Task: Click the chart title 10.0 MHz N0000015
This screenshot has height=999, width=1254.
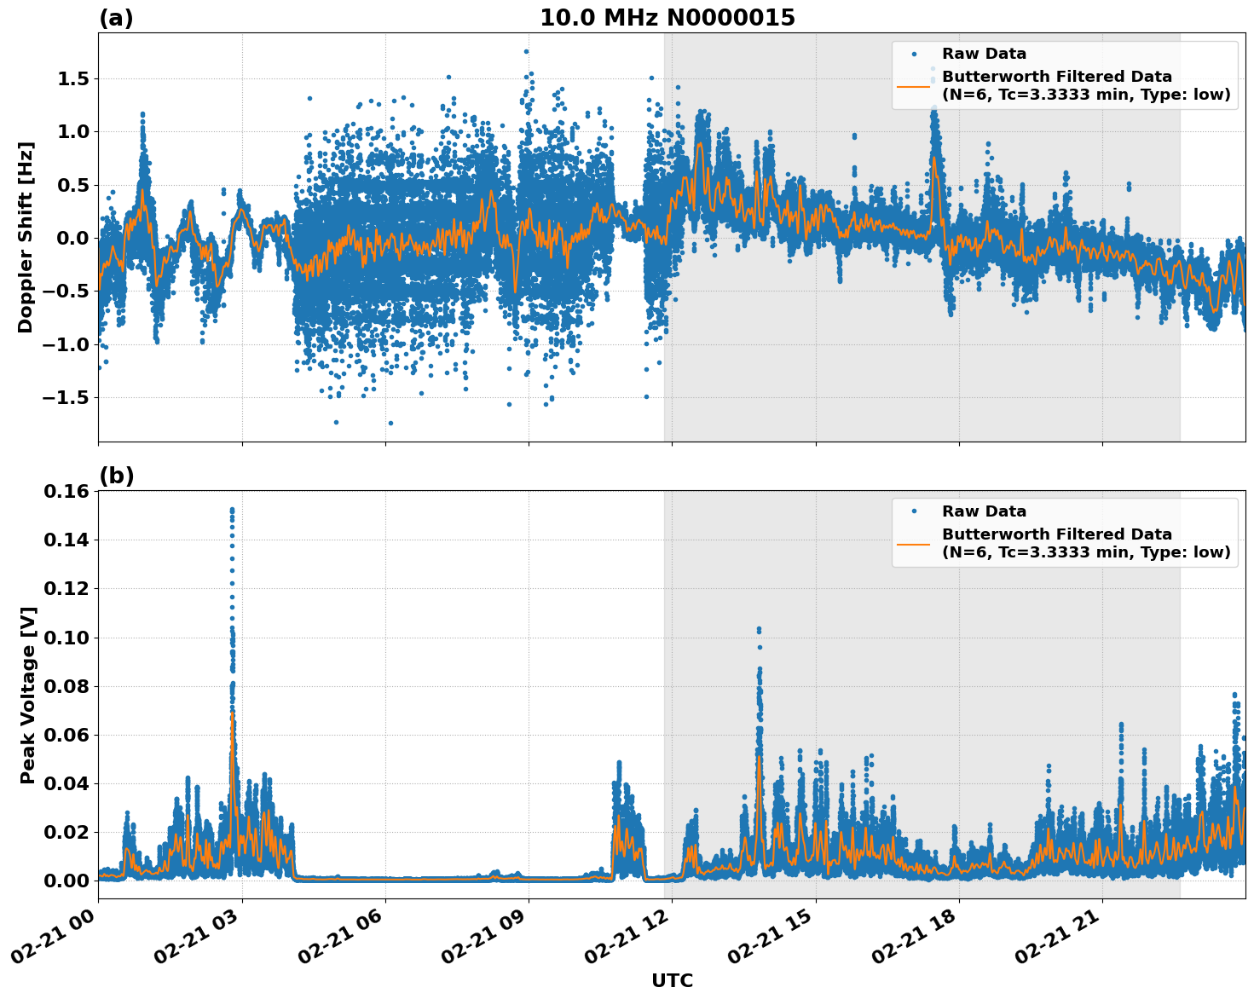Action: click(x=667, y=18)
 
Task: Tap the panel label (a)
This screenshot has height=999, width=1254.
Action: click(x=116, y=18)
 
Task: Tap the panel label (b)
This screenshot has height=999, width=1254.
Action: click(x=116, y=476)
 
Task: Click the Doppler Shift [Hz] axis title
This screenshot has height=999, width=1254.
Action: click(x=26, y=237)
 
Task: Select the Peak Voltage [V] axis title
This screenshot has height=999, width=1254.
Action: click(x=28, y=695)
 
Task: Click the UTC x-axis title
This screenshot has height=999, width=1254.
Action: click(x=672, y=980)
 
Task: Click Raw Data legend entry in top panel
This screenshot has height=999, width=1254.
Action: click(x=984, y=54)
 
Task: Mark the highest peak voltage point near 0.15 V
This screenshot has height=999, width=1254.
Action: click(x=232, y=510)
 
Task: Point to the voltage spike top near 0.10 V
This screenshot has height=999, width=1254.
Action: click(x=759, y=629)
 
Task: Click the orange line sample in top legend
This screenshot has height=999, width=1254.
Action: click(x=914, y=85)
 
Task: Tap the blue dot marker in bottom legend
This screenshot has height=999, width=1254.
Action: click(x=914, y=511)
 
